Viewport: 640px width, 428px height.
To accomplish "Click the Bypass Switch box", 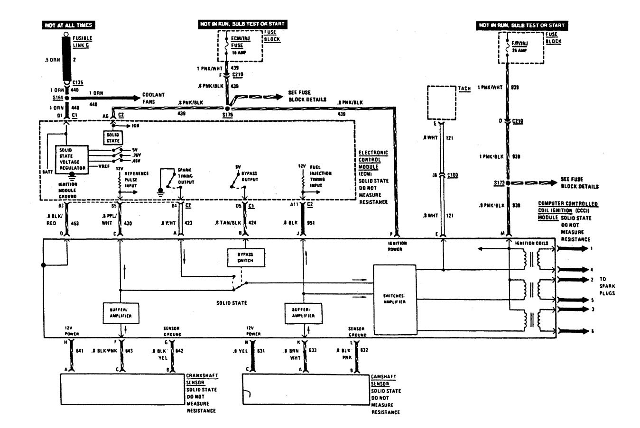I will [x=245, y=257].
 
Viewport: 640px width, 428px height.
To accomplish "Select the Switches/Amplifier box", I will [x=394, y=299].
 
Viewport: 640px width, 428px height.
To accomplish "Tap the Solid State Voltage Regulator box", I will [x=72, y=159].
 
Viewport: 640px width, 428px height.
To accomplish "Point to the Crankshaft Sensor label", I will [x=202, y=379].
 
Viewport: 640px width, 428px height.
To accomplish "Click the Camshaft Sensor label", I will [x=384, y=380].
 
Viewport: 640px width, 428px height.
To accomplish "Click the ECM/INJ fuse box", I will [x=240, y=46].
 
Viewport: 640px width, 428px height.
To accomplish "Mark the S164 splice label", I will [x=58, y=99].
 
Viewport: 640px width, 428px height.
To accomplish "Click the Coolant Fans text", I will [x=154, y=98].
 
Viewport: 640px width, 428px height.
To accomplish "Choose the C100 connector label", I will [x=453, y=175].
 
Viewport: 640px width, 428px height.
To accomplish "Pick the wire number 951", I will [x=311, y=222].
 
